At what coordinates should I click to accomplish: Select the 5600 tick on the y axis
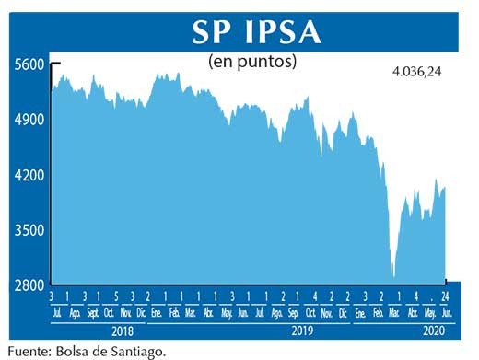(29, 64)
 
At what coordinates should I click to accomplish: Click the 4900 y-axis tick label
(29, 120)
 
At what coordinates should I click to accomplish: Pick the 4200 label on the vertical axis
(29, 175)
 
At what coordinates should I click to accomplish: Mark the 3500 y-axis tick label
(29, 230)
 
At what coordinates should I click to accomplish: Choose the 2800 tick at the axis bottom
(29, 285)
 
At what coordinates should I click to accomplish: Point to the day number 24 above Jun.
(445, 296)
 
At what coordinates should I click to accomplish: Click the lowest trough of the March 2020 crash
(394, 275)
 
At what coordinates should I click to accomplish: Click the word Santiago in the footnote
(139, 351)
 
